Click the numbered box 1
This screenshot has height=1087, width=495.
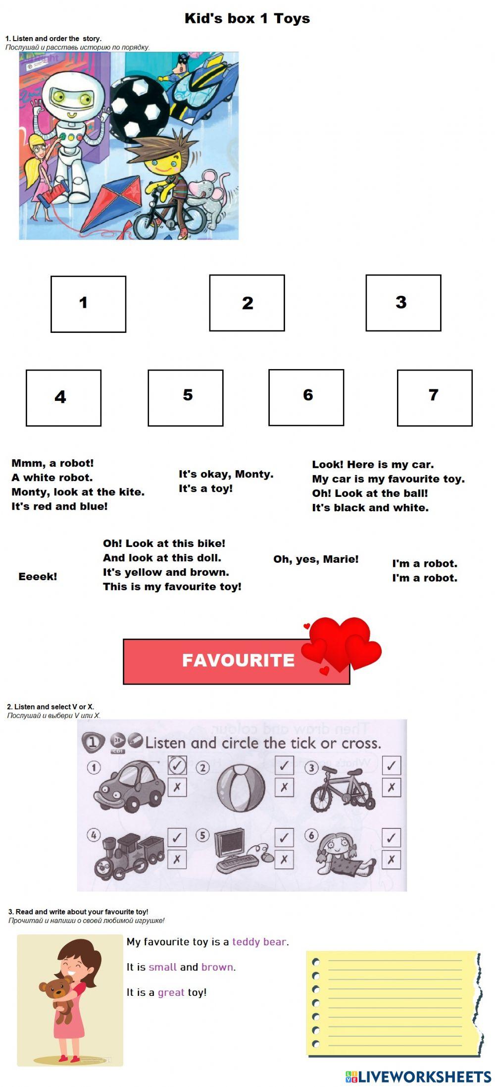88,304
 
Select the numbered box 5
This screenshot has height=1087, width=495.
185,397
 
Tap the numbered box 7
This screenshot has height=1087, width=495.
434,397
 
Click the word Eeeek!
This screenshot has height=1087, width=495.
38,577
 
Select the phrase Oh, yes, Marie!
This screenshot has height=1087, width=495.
316,559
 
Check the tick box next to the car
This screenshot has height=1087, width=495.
177,765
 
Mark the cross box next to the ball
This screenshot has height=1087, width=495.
284,787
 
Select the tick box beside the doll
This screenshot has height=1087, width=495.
391,838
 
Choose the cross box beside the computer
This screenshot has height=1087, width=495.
284,859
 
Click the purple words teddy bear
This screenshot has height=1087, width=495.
259,941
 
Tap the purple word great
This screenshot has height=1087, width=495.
171,992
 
